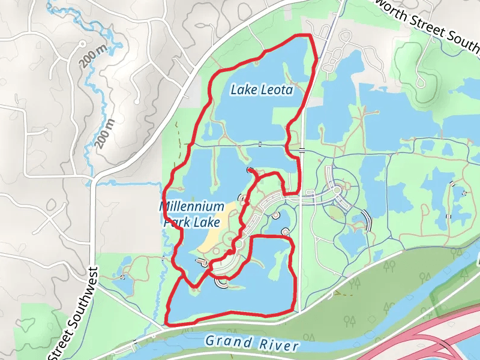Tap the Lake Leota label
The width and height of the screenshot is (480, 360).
(262, 91)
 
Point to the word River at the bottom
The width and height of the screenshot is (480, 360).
(279, 346)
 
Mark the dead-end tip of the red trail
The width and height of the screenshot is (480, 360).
(249, 170)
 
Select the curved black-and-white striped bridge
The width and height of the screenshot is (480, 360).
(367, 221)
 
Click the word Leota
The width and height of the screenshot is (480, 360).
(277, 91)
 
